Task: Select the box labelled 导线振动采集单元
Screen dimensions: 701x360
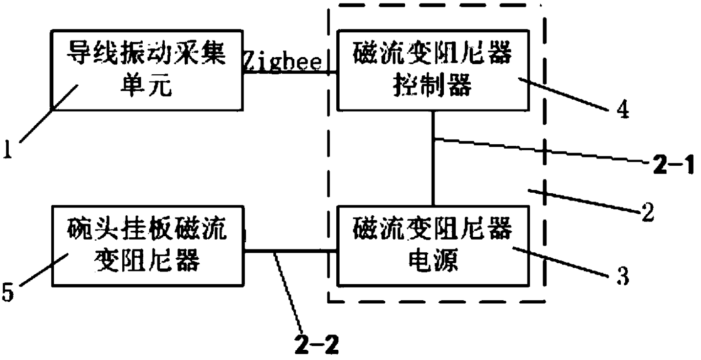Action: [147, 70]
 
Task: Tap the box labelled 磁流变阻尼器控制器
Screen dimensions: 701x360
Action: [433, 70]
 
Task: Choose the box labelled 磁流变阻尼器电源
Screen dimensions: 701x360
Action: [433, 246]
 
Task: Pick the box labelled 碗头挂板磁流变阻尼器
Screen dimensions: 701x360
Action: [148, 246]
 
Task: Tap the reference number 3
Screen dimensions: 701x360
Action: [623, 276]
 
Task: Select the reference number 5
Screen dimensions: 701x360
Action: [8, 292]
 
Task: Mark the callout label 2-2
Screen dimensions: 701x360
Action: [317, 346]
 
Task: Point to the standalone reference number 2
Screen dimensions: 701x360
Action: [648, 212]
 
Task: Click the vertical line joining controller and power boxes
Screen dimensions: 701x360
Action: [433, 158]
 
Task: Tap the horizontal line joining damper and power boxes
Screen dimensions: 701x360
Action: [290, 250]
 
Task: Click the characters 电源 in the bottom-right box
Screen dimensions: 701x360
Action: [433, 260]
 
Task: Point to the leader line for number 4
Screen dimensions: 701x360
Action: [563, 94]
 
